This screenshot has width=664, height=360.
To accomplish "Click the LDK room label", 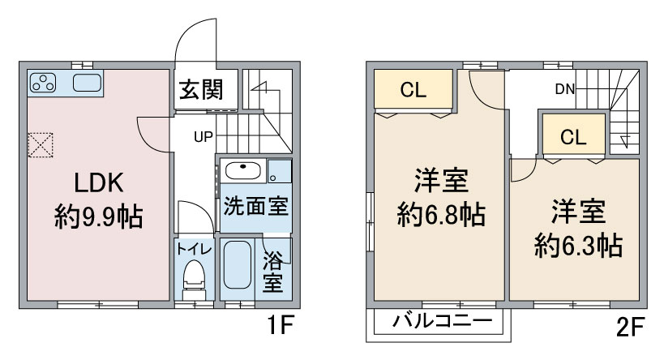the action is pyautogui.click(x=99, y=183).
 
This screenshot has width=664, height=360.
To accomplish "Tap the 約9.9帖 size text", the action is pyautogui.click(x=99, y=216).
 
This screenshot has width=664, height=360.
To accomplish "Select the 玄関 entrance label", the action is pyautogui.click(x=201, y=89).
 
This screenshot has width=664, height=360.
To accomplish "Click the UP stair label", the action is pyautogui.click(x=203, y=137).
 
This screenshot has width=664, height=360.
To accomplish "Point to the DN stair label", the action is pyautogui.click(x=565, y=89).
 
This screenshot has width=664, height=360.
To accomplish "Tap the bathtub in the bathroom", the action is pyautogui.click(x=237, y=265).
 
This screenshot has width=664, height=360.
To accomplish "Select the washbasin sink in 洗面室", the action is pyautogui.click(x=242, y=171).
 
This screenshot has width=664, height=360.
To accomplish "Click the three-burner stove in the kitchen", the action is pyautogui.click(x=43, y=83).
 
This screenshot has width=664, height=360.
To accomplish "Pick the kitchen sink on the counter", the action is pyautogui.click(x=88, y=83).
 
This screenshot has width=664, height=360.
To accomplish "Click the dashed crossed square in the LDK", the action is pyautogui.click(x=41, y=145).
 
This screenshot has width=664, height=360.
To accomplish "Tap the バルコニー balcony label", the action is pyautogui.click(x=443, y=320).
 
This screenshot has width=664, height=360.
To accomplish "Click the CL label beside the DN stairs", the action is pyautogui.click(x=573, y=137).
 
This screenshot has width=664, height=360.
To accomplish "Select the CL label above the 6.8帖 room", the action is pyautogui.click(x=413, y=90).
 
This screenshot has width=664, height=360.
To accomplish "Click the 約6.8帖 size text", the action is pyautogui.click(x=441, y=214).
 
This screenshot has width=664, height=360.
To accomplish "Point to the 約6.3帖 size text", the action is pyautogui.click(x=578, y=245).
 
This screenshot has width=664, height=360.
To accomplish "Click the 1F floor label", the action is pyautogui.click(x=280, y=325).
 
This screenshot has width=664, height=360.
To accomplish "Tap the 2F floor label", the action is pyautogui.click(x=630, y=327).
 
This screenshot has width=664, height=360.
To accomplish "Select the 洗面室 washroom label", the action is pyautogui.click(x=255, y=206).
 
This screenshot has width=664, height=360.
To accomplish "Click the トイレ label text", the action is pyautogui.click(x=194, y=249).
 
